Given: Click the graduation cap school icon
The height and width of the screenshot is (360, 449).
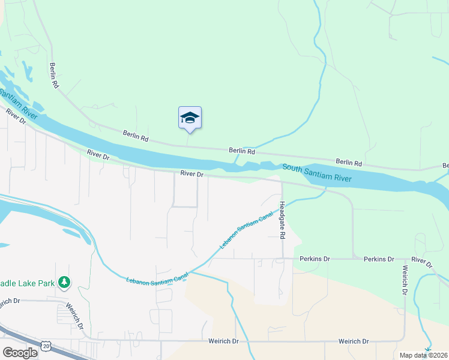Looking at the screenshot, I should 190,117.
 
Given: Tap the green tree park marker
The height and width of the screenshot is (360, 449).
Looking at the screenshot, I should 65,282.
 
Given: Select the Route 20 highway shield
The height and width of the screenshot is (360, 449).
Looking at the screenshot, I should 46,346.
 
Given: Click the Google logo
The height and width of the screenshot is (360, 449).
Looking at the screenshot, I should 20,352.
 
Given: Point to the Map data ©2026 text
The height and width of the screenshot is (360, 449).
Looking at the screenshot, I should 424,355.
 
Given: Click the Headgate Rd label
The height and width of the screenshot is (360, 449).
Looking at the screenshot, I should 282,221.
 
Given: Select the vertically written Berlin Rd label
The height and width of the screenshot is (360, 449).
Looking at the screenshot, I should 54,76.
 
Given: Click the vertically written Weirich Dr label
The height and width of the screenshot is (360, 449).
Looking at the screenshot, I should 405,280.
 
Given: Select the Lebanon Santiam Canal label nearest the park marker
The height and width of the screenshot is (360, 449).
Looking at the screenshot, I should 157,277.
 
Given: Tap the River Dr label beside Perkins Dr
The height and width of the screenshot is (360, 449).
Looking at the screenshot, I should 421,263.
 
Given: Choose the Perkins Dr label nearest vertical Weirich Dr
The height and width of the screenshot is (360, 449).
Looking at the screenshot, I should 379,259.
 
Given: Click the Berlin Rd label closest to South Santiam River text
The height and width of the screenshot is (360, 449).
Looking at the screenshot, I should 349,162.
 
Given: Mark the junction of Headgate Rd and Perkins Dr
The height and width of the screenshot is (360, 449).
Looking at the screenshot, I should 283,259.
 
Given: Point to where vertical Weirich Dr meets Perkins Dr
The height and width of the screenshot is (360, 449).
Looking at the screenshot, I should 403,260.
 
